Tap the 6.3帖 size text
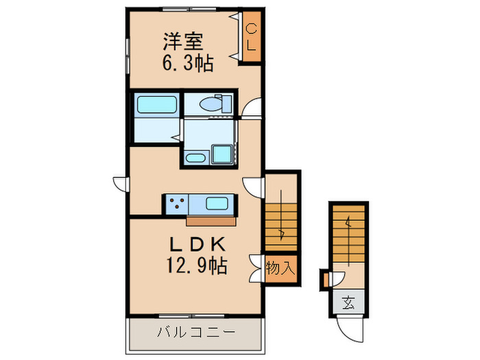tap(187, 64)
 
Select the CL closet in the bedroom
tap(251, 38)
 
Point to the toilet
tap(213, 105)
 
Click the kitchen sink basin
tap(217, 204)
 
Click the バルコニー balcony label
tap(195, 332)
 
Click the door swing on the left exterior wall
tap(121, 184)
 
